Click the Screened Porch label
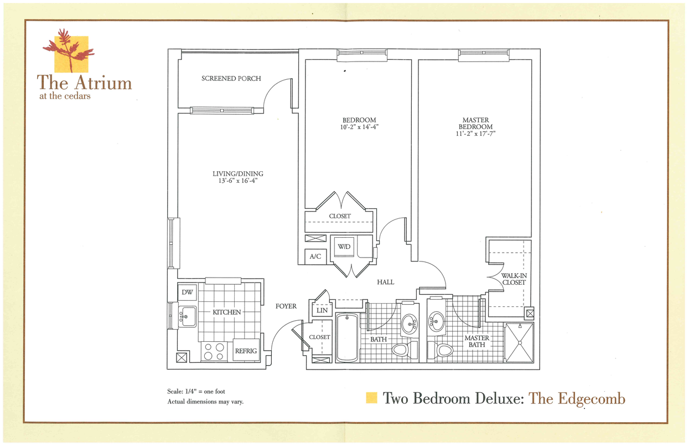231,79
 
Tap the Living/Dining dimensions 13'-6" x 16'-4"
237,180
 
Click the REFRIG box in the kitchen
246,351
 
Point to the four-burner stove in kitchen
214,351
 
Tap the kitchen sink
187,316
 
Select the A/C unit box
315,257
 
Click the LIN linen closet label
322,311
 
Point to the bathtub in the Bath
347,337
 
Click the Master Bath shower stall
520,342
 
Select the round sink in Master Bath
437,321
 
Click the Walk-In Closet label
513,279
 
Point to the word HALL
385,282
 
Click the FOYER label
286,306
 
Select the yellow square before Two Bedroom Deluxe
372,398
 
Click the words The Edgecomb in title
576,398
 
